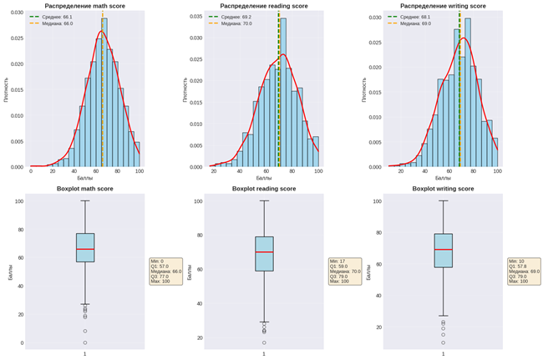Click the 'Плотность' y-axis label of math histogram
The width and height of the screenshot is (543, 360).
[x=5, y=89]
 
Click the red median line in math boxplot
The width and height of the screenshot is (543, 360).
[x=84, y=249]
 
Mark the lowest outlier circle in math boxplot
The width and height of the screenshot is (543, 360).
[x=84, y=342]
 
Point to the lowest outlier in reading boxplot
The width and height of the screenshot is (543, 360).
[x=264, y=342]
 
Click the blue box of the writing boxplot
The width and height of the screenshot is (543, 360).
[x=443, y=251]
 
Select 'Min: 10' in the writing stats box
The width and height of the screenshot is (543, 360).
[x=520, y=261]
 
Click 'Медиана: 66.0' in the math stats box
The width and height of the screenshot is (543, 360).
[x=165, y=271]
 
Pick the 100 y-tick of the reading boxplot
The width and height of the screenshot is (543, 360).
[x=198, y=201]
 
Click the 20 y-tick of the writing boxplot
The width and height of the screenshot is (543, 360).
[x=378, y=327]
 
